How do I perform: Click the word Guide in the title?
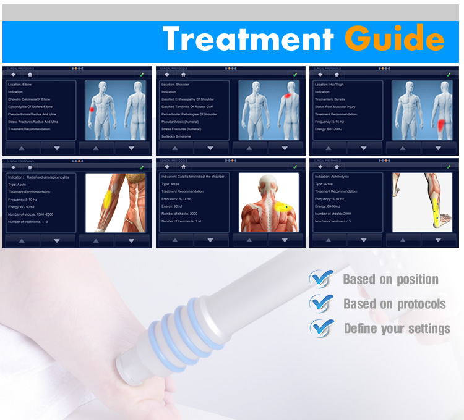tap(394, 38)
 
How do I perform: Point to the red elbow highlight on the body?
tap(93, 109)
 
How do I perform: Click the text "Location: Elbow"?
tap(22, 84)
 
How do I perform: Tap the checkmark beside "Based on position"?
tap(321, 279)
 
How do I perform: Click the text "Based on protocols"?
tap(395, 303)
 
